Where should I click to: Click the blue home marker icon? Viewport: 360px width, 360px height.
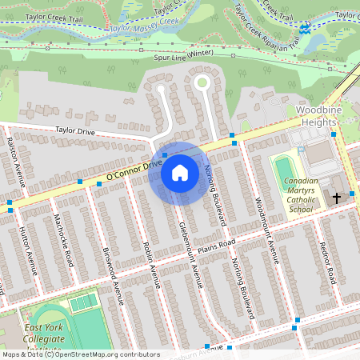click(180, 173)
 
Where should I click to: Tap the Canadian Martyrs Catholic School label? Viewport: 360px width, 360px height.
click(301, 195)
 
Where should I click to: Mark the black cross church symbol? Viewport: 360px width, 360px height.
click(337, 197)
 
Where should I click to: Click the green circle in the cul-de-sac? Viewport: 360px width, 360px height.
click(202, 82)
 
